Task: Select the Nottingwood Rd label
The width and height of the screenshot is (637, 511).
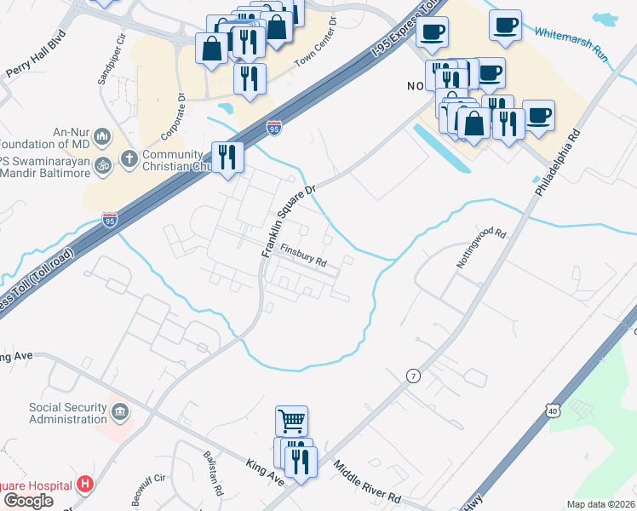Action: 481,248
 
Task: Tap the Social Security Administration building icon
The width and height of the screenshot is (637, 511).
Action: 120,413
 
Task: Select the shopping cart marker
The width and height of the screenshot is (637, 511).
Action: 291,420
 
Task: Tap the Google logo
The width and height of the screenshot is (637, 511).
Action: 28,501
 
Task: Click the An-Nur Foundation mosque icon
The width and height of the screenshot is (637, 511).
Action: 102,136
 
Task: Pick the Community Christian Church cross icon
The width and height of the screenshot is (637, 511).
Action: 129,158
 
